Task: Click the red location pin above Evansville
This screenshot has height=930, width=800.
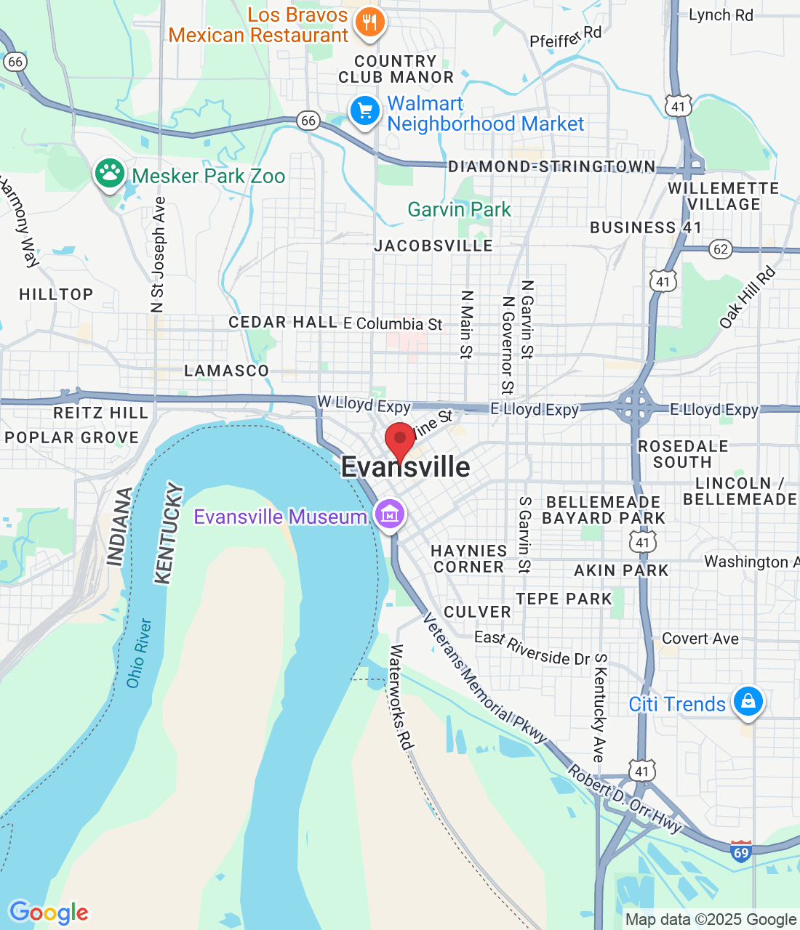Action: (399, 440)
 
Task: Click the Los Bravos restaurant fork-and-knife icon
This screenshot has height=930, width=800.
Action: (369, 23)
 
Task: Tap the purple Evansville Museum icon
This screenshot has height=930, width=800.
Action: (391, 515)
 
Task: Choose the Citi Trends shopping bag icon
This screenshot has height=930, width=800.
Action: (748, 702)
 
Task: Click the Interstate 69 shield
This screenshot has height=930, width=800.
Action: (741, 851)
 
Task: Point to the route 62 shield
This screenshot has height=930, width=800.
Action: (720, 249)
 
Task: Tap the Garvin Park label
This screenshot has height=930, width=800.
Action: (459, 210)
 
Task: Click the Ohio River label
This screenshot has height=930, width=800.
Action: (139, 652)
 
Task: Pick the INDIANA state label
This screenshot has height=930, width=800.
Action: (121, 526)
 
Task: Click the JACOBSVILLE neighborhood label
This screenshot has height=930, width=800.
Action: (433, 246)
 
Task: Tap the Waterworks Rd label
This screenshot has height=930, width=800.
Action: (401, 697)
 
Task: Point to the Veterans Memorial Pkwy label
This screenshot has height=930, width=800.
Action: (484, 679)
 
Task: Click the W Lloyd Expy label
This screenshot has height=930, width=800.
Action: (364, 404)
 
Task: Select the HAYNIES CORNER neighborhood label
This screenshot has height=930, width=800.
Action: (469, 559)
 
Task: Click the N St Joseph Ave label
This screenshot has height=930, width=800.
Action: (158, 255)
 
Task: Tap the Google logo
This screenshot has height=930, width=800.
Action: (49, 913)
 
